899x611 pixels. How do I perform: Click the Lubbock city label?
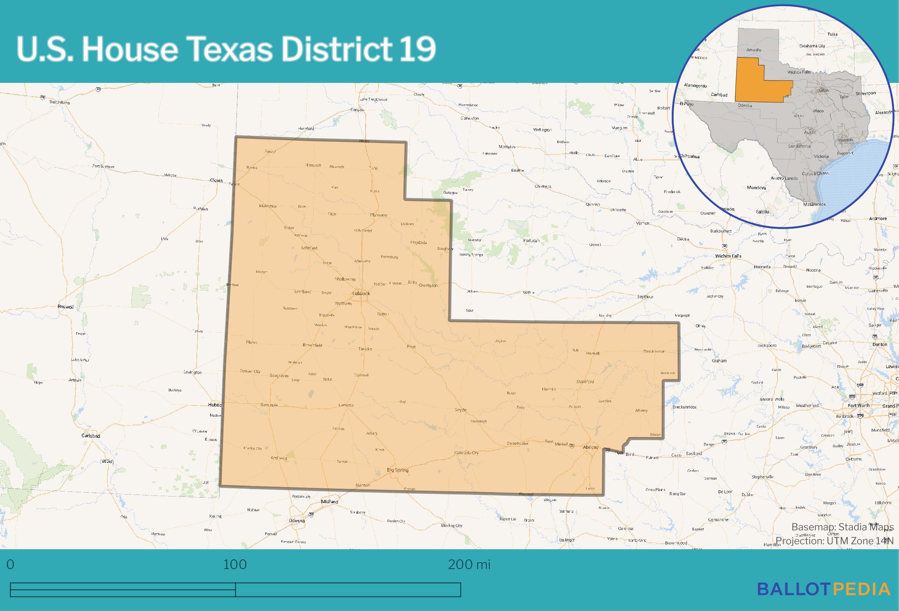coord(361,293)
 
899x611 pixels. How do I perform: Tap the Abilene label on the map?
coord(590,447)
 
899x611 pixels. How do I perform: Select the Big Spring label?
coord(398,470)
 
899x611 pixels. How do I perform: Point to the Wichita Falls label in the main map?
coord(728,256)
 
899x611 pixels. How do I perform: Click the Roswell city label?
coord(66,307)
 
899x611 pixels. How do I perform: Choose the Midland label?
coord(329,502)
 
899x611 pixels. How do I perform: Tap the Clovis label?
coord(216,180)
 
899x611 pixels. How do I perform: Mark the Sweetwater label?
coord(517,443)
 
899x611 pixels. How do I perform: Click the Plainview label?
coord(378,215)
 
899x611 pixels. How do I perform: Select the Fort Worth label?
coord(858,405)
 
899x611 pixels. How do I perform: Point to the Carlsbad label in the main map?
coord(91,435)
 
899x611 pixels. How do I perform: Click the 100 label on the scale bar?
coord(235,564)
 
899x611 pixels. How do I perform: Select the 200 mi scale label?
coord(469,564)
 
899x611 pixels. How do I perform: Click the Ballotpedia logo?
coord(824,589)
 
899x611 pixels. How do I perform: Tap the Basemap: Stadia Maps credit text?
coord(842,527)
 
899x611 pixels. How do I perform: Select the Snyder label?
coord(461,410)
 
